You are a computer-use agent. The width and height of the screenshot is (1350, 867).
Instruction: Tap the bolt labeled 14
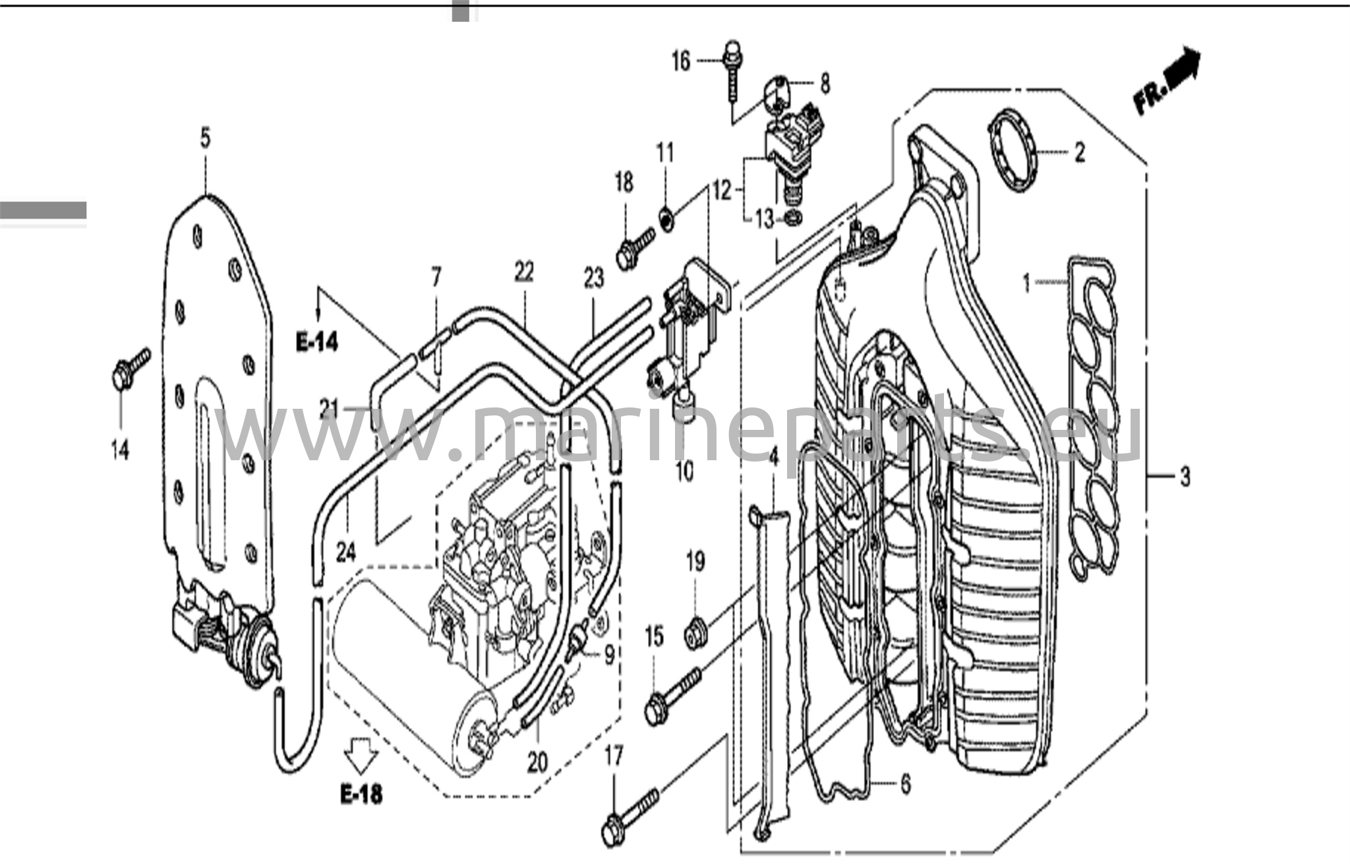coord(131,368)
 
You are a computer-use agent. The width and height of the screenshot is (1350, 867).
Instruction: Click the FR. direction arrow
coord(1167,81)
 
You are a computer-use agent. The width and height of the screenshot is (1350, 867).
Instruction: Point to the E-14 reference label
coord(317,342)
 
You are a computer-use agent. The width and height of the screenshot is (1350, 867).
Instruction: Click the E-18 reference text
coord(361,794)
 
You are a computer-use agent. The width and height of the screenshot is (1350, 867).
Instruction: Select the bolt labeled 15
coord(672,696)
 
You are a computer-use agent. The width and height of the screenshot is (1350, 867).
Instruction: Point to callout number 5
coord(206,138)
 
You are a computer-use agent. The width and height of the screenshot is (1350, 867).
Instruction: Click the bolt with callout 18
coord(635,247)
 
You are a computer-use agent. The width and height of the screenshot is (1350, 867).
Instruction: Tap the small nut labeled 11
coord(667,217)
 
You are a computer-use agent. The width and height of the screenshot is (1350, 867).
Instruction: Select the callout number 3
coord(1185,476)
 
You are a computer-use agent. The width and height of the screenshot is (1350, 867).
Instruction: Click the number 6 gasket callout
coord(906,784)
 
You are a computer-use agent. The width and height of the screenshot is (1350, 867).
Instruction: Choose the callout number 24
coord(346,552)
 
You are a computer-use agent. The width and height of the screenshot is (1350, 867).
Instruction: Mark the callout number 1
coord(1026,284)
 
